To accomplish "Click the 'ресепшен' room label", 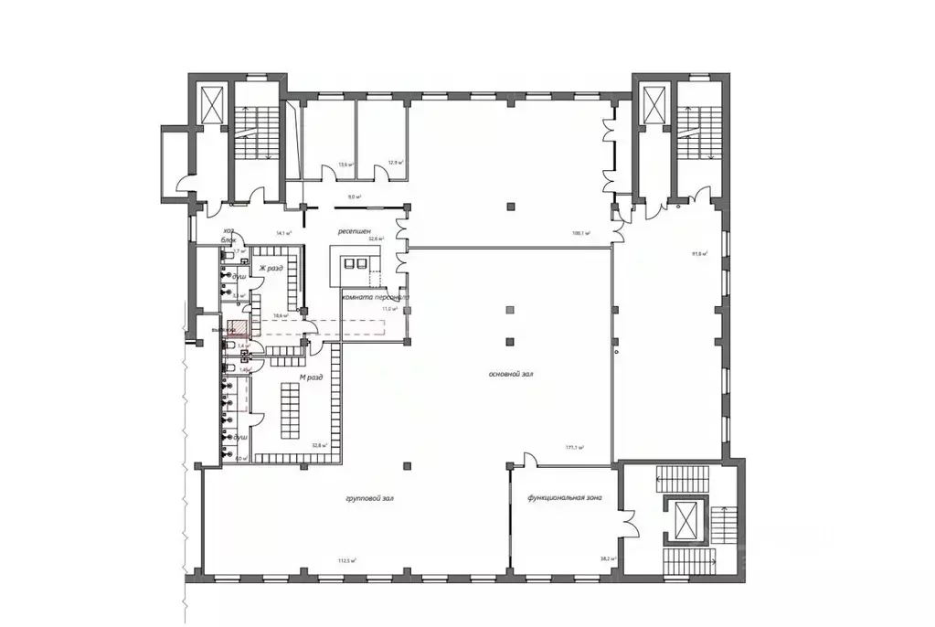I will click(x=355, y=232).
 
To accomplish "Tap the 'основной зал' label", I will click(x=511, y=374).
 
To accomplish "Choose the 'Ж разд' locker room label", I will click(x=271, y=268).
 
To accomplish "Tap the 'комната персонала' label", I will click(x=375, y=298).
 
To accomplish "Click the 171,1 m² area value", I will click(x=574, y=447).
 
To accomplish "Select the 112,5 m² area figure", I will click(x=345, y=560).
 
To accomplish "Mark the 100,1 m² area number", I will click(x=580, y=233).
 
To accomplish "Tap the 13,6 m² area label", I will click(x=345, y=165).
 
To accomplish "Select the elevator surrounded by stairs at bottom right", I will click(x=685, y=520).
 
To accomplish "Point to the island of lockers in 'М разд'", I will click(x=291, y=409).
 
